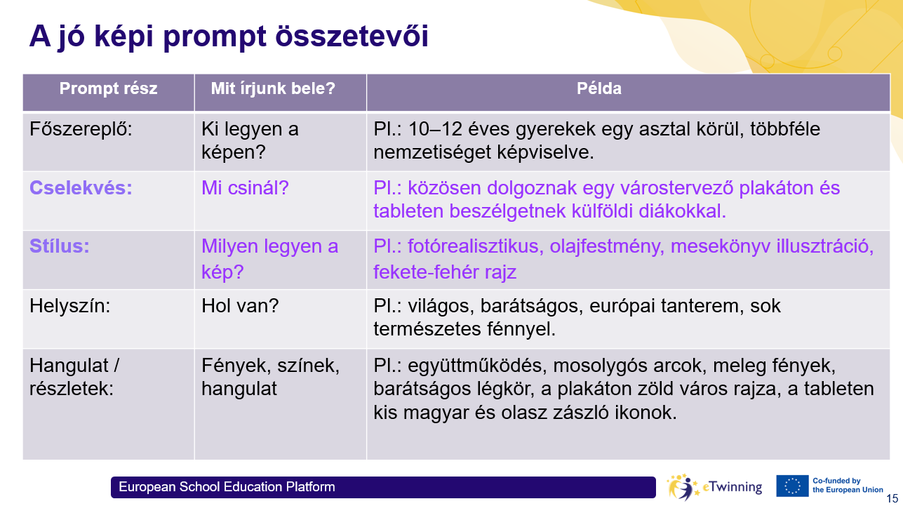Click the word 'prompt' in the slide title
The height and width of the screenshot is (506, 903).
click(x=215, y=37)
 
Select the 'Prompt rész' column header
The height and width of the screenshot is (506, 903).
click(x=109, y=88)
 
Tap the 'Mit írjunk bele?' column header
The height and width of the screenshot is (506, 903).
click(x=273, y=88)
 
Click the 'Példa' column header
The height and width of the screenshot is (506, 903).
click(x=599, y=88)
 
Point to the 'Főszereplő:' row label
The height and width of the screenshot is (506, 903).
click(x=81, y=129)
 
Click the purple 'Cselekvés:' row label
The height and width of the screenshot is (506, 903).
click(x=81, y=188)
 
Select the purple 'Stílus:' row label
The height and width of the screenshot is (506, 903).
click(x=59, y=246)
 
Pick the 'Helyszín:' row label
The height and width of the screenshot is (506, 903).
click(x=69, y=306)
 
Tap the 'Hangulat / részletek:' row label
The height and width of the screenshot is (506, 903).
click(x=74, y=377)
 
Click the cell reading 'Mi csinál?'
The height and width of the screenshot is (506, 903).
click(x=245, y=188)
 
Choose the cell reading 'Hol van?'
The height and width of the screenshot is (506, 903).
click(x=240, y=305)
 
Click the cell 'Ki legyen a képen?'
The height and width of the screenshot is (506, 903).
click(x=250, y=141)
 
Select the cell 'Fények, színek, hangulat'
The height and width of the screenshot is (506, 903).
click(x=271, y=377)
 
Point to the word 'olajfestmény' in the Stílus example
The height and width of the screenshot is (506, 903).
click(x=607, y=246)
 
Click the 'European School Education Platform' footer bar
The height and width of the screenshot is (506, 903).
click(x=383, y=487)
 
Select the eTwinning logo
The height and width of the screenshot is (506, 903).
click(x=714, y=487)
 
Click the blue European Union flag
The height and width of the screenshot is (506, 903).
click(x=792, y=486)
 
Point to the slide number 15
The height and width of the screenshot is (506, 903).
click(x=892, y=499)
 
